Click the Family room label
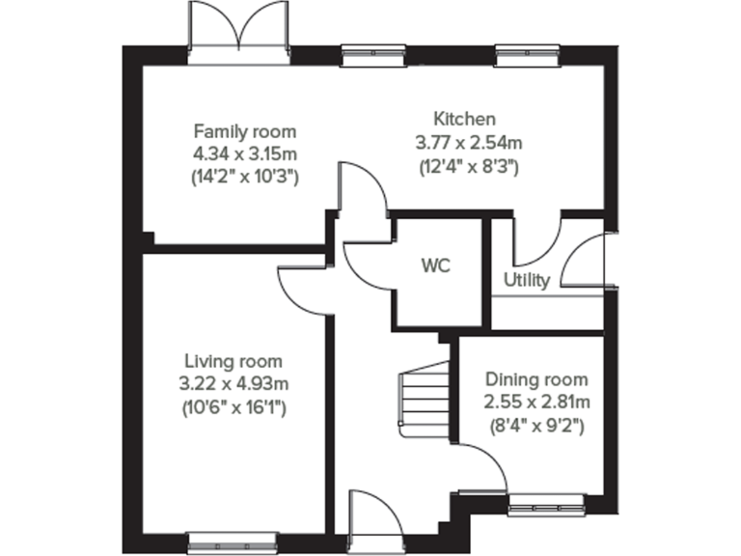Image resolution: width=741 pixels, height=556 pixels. click(245, 131)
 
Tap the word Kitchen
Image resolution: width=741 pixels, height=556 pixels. click(464, 120)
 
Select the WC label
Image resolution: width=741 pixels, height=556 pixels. click(435, 264)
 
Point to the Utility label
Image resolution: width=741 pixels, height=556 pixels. click(527, 281)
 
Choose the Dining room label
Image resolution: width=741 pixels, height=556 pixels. click(536, 379)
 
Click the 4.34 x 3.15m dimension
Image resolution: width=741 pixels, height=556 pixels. click(245, 153)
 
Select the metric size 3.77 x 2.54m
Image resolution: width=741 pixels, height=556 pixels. click(468, 143)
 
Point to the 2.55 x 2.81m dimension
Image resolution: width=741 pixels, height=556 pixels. click(537, 402)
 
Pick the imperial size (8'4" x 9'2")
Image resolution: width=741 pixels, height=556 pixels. click(536, 424)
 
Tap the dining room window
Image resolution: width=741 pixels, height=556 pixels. click(546, 503)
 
